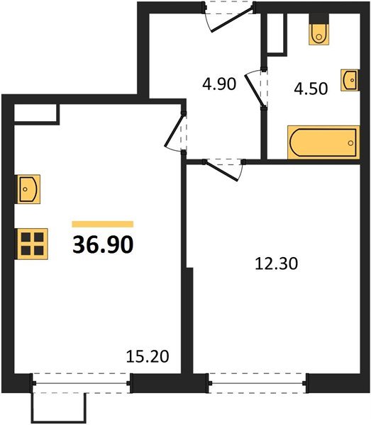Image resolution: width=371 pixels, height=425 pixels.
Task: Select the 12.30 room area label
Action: point(276,264)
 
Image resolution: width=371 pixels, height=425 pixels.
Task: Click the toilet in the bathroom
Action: point(320,33)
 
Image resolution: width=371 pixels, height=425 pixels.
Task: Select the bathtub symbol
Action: point(323,142)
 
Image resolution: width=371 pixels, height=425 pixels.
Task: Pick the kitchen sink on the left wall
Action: point(28,190)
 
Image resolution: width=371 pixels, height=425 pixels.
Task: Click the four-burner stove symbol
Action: point(32,243)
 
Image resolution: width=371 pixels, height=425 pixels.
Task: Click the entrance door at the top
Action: point(228,16)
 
